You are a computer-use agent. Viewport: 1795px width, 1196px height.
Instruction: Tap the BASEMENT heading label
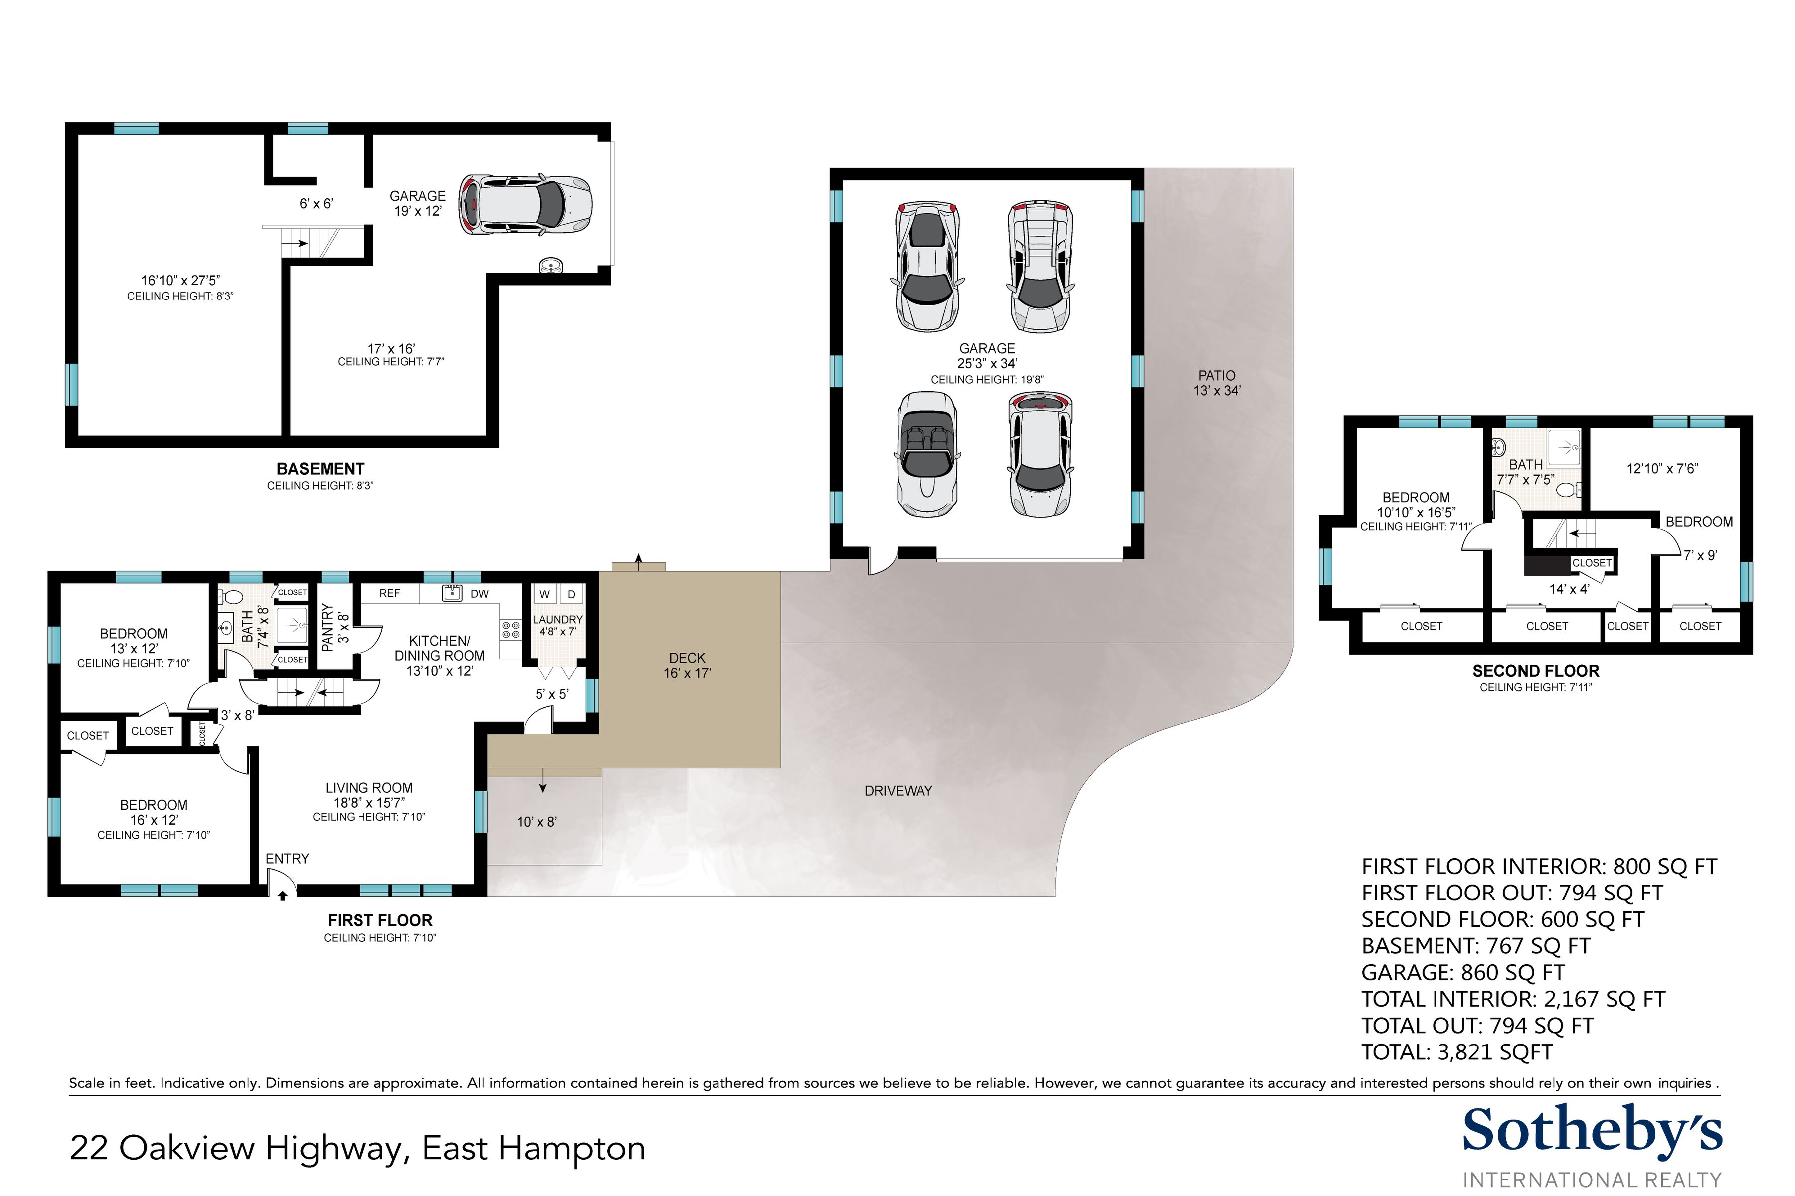click(321, 469)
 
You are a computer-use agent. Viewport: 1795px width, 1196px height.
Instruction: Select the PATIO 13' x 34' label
click(1217, 383)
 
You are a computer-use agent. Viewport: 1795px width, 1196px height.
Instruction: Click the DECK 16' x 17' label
click(687, 665)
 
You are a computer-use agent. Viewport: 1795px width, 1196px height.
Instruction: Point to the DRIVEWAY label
click(898, 791)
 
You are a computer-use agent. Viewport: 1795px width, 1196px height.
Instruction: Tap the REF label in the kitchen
click(389, 593)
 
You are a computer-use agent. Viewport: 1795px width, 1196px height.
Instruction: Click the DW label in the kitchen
click(479, 594)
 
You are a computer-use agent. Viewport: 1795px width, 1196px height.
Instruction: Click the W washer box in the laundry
click(545, 594)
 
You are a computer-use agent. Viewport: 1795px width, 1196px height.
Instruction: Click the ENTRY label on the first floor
click(287, 859)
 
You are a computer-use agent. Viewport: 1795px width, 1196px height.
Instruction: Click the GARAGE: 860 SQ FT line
click(1462, 973)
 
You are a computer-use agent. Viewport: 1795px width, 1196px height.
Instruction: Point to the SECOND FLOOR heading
click(1536, 671)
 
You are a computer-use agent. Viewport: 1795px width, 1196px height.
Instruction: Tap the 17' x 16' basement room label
click(391, 348)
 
